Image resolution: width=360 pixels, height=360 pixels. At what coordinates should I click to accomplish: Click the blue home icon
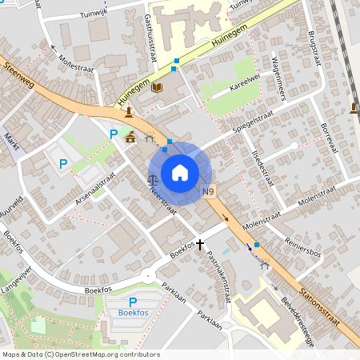click(x=180, y=173)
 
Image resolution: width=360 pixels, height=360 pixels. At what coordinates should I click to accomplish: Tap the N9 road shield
click(x=209, y=191)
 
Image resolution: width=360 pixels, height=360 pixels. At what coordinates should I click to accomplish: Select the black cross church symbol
click(x=200, y=246)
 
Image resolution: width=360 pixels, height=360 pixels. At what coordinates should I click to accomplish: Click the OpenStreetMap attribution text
click(x=80, y=354)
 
